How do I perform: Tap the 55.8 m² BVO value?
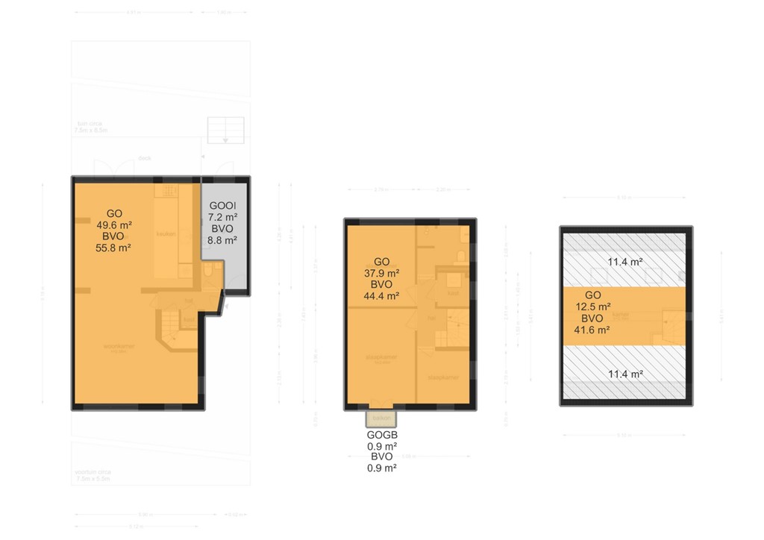click(114, 248)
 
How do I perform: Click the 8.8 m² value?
click(222, 241)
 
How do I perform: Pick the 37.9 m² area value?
click(381, 273)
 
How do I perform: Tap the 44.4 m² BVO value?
click(381, 296)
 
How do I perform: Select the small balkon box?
click(381, 418)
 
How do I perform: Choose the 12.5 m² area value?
click(593, 307)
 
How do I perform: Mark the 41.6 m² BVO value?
click(593, 330)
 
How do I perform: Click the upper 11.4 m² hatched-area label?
click(624, 261)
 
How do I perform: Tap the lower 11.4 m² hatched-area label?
click(624, 374)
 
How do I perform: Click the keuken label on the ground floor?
click(165, 234)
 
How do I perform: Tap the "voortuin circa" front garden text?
click(93, 475)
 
